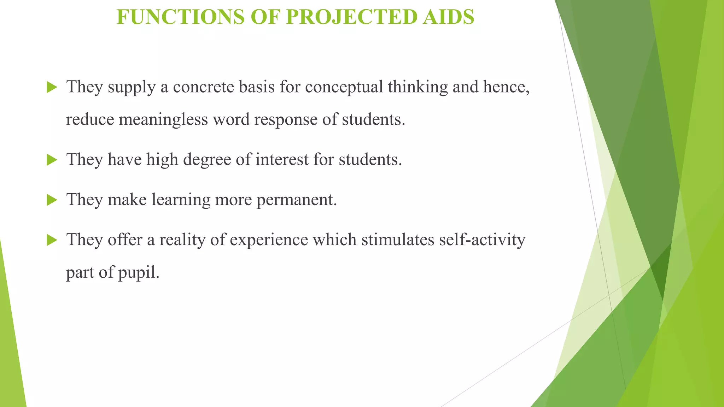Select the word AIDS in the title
click(x=448, y=17)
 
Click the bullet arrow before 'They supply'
click(x=52, y=87)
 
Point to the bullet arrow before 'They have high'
click(x=52, y=160)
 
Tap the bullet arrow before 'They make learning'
click(x=52, y=200)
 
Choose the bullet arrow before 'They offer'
click(x=52, y=241)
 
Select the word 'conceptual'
click(x=344, y=87)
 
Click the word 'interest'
click(x=282, y=159)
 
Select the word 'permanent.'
click(x=297, y=200)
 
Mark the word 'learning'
click(x=181, y=200)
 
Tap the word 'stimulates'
click(x=398, y=240)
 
